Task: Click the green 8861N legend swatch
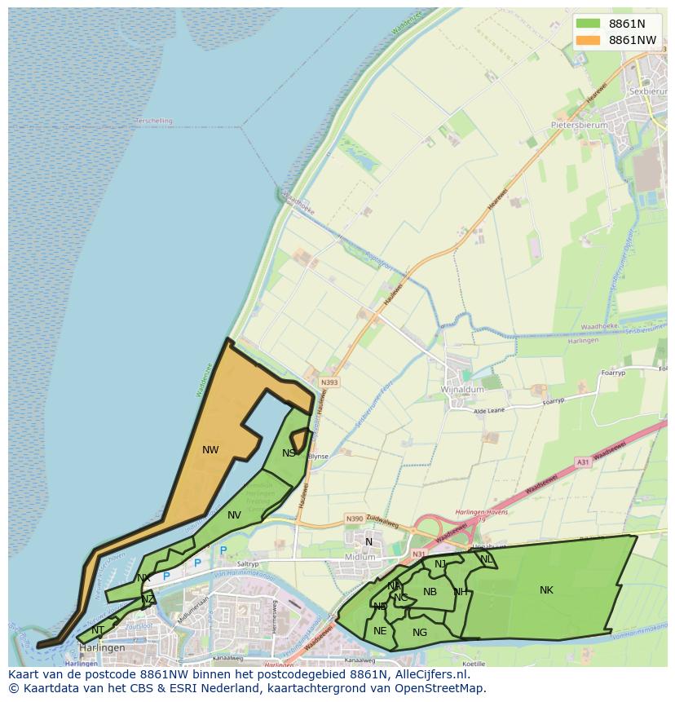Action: (x=587, y=23)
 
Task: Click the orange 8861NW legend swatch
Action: (x=587, y=39)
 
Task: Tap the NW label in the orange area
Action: (x=210, y=449)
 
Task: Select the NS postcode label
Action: (x=289, y=453)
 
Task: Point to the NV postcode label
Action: (x=234, y=514)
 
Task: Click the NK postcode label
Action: (x=546, y=589)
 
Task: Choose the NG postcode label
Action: (x=420, y=632)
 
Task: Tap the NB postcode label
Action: (x=430, y=592)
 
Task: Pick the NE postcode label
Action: (x=380, y=630)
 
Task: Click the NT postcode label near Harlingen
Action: (x=98, y=629)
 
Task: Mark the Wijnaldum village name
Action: (x=462, y=390)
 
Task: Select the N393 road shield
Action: (x=329, y=382)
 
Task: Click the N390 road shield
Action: (x=354, y=519)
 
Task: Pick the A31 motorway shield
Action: (x=582, y=462)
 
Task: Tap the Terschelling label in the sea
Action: (x=154, y=121)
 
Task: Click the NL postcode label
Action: (x=487, y=559)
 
